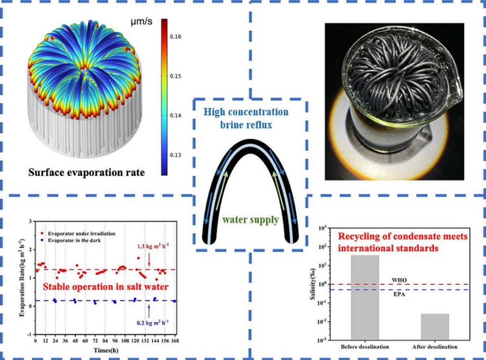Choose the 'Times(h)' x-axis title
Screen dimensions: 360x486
pos(105,349)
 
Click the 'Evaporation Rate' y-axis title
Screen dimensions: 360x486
pos(22,278)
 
